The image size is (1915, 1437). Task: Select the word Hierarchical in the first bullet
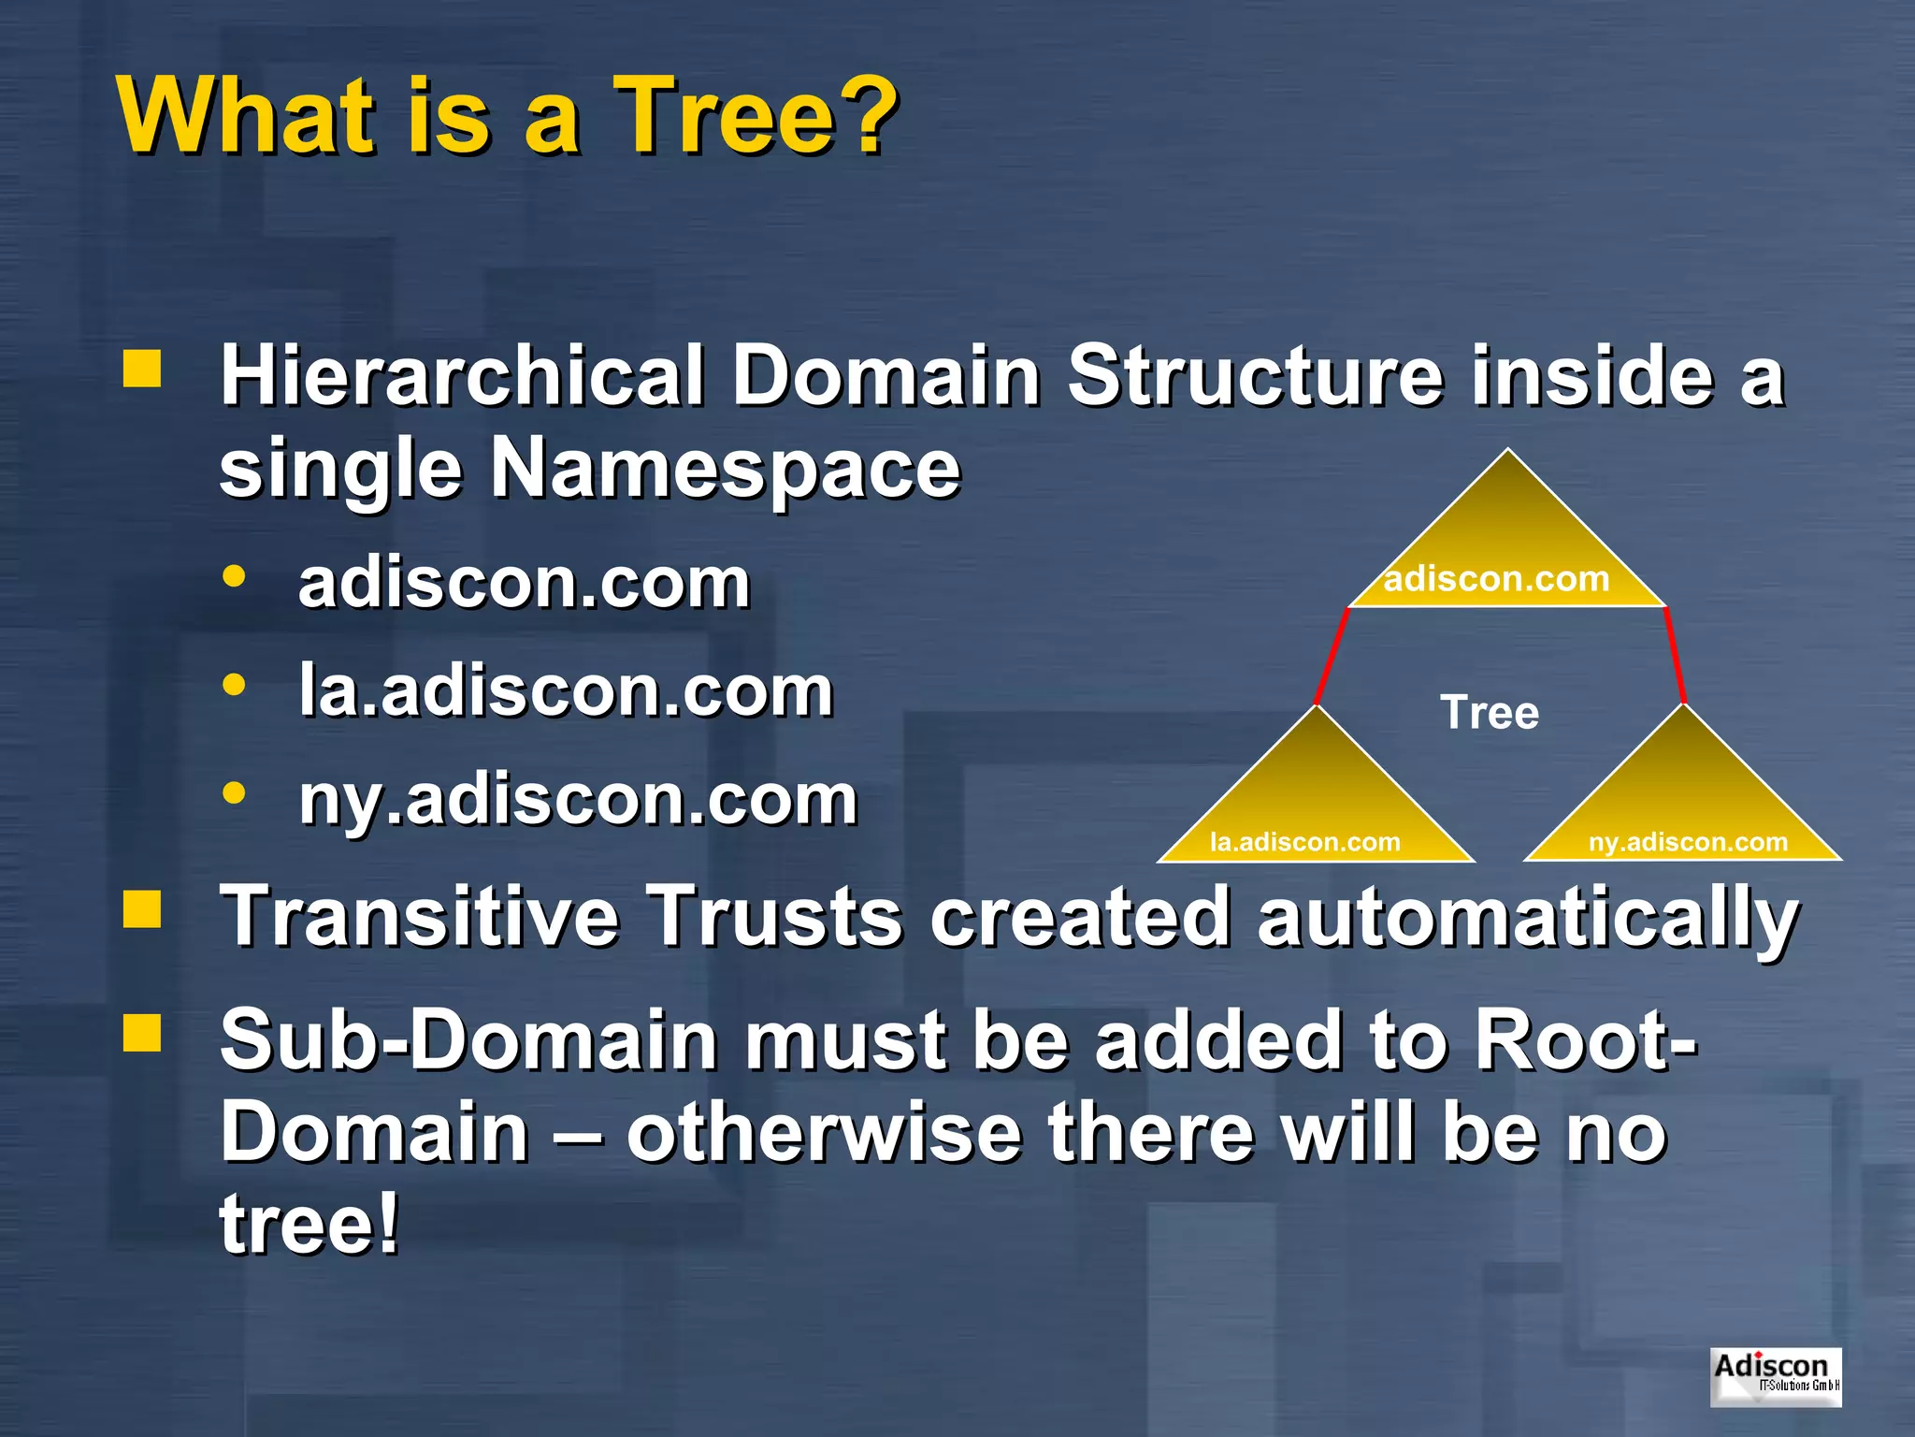point(462,375)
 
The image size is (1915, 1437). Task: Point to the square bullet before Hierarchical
point(142,369)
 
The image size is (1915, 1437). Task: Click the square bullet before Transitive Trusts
point(142,908)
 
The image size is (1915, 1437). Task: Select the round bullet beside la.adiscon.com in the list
point(234,686)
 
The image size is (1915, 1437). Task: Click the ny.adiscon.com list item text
point(578,800)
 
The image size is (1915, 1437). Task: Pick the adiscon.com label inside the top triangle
point(1496,579)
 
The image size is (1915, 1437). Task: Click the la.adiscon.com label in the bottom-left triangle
point(1305,842)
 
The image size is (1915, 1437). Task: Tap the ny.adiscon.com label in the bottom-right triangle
point(1688,842)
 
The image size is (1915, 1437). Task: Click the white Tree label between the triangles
point(1489,713)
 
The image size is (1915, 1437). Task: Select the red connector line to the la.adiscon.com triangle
point(1332,656)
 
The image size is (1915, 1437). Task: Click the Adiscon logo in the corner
point(1776,1375)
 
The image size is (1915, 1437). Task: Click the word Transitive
point(419,916)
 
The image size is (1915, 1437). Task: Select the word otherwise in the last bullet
point(824,1133)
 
